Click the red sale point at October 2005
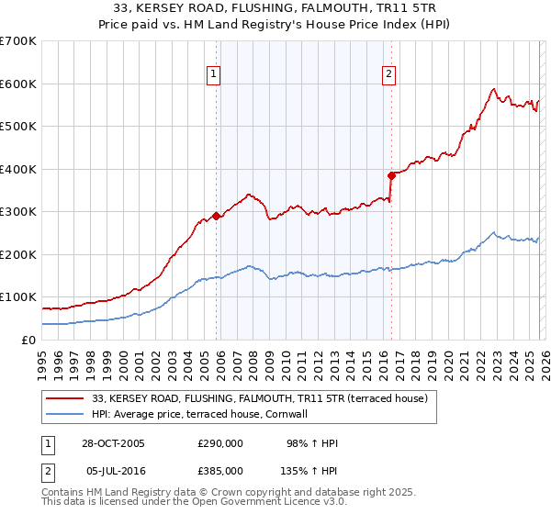(x=217, y=216)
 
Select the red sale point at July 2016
(x=392, y=175)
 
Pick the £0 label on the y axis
(x=28, y=340)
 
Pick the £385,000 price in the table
(x=220, y=470)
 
